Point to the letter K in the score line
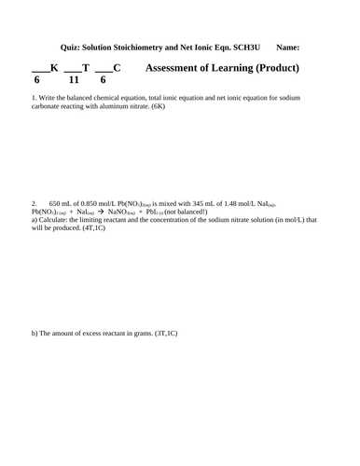coord(53,68)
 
